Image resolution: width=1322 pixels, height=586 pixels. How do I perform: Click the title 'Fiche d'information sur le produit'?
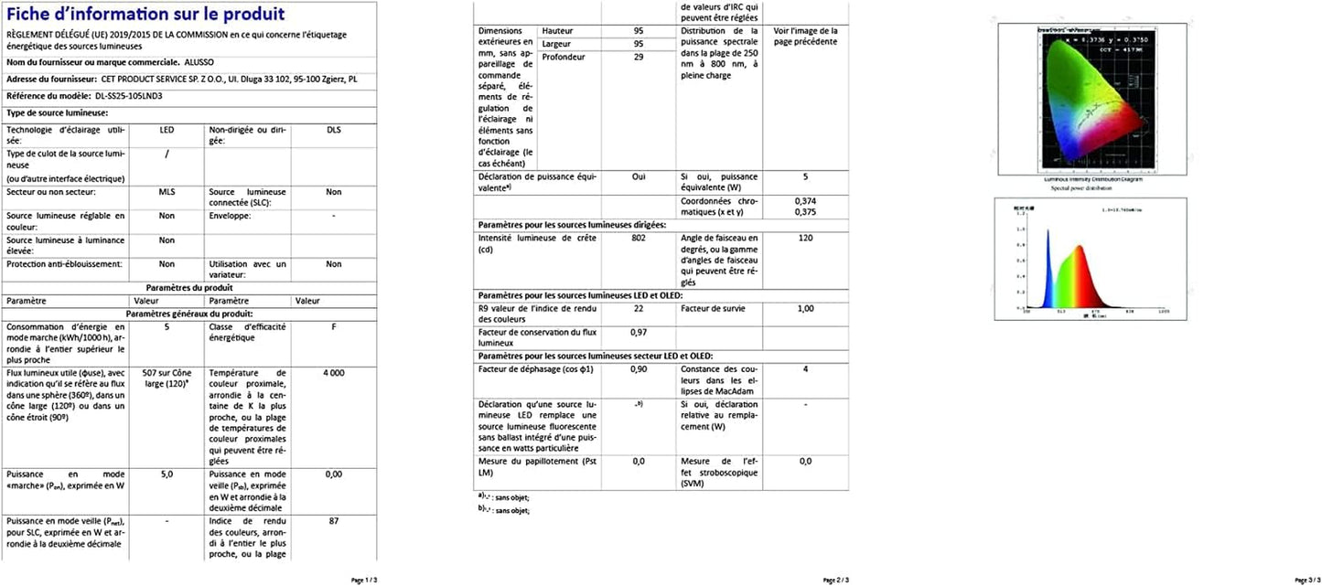point(145,15)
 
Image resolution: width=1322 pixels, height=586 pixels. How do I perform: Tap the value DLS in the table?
point(334,131)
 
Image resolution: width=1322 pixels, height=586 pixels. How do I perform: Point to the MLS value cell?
point(167,192)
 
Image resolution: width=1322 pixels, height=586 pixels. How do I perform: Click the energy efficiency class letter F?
point(334,326)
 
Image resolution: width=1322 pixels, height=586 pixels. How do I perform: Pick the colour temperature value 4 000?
point(334,373)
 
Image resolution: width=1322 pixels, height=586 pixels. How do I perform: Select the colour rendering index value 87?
point(334,520)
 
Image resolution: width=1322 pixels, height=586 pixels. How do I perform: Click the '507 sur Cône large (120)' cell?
point(167,378)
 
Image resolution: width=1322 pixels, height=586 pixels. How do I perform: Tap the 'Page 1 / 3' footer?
point(363,580)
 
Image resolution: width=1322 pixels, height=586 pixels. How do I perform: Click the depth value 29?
point(638,57)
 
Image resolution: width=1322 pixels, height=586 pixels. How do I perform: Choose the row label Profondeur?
point(564,57)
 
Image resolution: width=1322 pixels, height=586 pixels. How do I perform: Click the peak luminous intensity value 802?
point(638,238)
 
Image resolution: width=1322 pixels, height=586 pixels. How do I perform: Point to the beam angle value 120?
point(805,238)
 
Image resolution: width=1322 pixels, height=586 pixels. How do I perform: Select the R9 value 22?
point(638,308)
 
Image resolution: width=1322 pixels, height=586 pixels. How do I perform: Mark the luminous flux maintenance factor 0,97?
point(638,332)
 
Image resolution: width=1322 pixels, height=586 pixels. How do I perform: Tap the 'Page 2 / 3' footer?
point(836,580)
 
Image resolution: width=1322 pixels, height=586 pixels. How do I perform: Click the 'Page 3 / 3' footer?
point(1307,580)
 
